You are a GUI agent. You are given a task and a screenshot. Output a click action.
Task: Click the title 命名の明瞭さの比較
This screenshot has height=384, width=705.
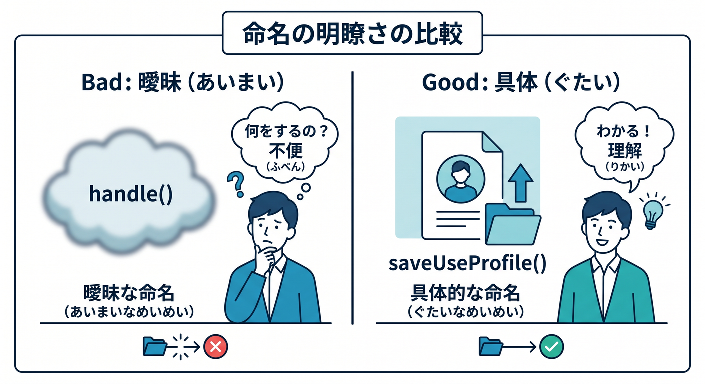pyautogui.click(x=352, y=33)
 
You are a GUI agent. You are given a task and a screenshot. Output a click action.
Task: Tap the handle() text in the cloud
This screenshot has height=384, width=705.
pyautogui.click(x=131, y=194)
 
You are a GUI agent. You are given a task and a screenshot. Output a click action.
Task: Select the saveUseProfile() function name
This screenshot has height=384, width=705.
pyautogui.click(x=467, y=263)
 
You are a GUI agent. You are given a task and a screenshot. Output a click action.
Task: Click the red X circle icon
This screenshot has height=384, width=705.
pyautogui.click(x=216, y=347)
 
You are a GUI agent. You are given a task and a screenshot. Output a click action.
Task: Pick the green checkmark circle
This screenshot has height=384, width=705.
pyautogui.click(x=551, y=347)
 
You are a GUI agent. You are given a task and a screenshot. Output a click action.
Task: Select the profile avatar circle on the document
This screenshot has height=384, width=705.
pyautogui.click(x=461, y=179)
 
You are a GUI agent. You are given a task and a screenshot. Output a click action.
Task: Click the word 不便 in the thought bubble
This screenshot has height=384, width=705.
pyautogui.click(x=285, y=150)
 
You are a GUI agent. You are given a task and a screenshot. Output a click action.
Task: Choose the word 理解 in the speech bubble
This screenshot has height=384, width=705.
pyautogui.click(x=625, y=150)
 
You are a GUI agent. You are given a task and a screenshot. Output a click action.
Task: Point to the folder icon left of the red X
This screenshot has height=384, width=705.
pyautogui.click(x=155, y=346)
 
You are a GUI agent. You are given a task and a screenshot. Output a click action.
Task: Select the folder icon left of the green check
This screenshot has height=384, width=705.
pyautogui.click(x=491, y=346)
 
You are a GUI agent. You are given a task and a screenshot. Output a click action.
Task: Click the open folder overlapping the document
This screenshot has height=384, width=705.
pyautogui.click(x=512, y=224)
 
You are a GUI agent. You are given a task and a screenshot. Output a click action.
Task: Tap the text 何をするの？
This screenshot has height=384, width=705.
pyautogui.click(x=287, y=131)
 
